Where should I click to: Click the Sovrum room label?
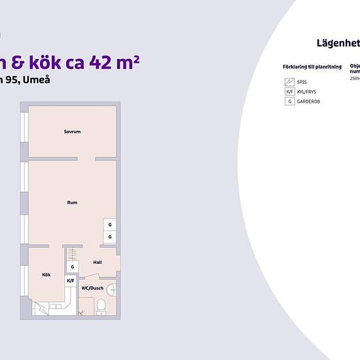[x=72, y=132]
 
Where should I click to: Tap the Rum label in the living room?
[x=72, y=203]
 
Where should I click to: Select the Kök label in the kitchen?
[x=46, y=275]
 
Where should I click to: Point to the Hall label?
[x=98, y=262]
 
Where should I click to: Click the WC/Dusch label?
[x=92, y=288]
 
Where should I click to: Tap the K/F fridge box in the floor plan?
[x=71, y=280]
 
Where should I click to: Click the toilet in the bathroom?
[x=99, y=306]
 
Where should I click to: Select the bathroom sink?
[x=112, y=288]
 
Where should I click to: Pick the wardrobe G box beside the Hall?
[x=72, y=267]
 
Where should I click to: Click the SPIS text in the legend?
[x=302, y=82]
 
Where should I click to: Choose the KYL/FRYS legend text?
[x=306, y=92]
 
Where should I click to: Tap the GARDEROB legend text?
[x=308, y=101]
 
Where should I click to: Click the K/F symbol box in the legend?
[x=289, y=92]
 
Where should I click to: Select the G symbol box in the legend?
[x=289, y=101]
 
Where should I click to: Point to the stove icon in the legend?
[x=289, y=82]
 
